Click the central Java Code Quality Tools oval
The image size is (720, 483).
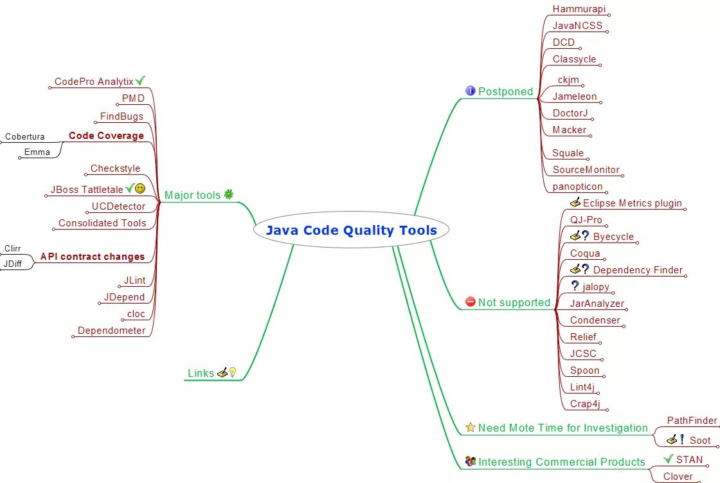351,230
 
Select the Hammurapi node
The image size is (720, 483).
579,9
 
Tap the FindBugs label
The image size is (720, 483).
122,116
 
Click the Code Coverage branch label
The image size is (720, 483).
106,136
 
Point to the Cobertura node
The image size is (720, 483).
25,136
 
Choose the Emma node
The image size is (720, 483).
37,152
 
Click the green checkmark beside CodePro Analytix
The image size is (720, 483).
140,80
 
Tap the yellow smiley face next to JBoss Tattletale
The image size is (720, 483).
140,188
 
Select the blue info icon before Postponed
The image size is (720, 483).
470,91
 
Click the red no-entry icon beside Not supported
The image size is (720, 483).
470,302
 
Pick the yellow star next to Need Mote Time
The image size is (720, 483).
470,427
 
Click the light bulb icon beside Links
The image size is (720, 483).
233,372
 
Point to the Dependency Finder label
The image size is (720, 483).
638,270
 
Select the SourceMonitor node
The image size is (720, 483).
586,170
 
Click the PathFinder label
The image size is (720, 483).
691,421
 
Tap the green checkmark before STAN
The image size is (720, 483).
669,459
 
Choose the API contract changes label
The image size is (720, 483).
93,257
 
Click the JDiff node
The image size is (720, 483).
13,264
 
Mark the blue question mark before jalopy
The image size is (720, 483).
575,286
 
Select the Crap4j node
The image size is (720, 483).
585,404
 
